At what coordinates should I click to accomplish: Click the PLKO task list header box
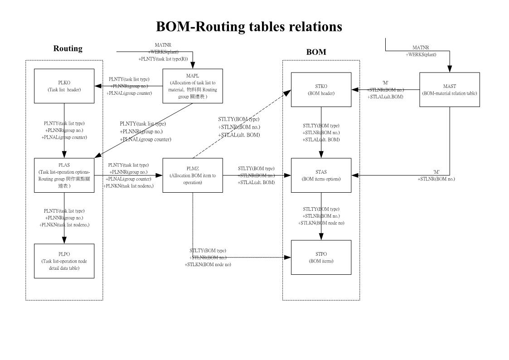click(x=64, y=86)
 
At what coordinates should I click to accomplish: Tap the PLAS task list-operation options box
click(x=64, y=175)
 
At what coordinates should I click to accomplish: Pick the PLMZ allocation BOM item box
click(x=193, y=175)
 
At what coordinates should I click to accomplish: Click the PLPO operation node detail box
click(x=64, y=261)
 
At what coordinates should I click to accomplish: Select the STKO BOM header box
click(x=321, y=89)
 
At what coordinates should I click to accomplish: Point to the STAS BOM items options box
click(x=321, y=175)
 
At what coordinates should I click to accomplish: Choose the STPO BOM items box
click(x=321, y=257)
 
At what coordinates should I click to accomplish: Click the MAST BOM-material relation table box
click(x=449, y=89)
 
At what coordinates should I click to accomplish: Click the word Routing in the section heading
click(x=68, y=49)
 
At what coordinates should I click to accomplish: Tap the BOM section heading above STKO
click(x=316, y=52)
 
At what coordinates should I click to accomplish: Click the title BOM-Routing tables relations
click(x=249, y=27)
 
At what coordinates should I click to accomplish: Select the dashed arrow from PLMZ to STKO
click(x=240, y=124)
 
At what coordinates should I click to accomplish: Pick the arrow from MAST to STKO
click(x=385, y=89)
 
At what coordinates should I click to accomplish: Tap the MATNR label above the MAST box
click(x=421, y=48)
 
